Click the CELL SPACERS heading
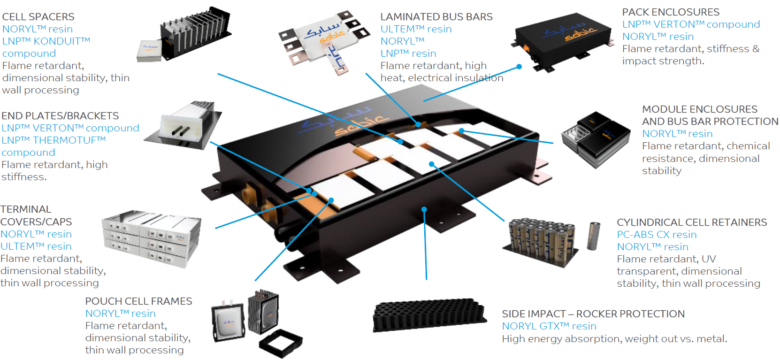[x=38, y=17]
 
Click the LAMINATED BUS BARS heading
[x=436, y=17]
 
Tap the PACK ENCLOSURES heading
[x=670, y=12]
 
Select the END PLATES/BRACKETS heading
[x=60, y=116]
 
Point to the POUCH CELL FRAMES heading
[x=138, y=301]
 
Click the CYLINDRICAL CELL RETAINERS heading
[x=691, y=222]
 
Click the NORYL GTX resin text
[x=549, y=326]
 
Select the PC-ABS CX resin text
[x=656, y=235]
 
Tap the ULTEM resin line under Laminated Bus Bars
[x=416, y=29]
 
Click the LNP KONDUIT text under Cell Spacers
[x=46, y=41]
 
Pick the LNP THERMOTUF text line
[x=54, y=140]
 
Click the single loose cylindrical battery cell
[x=594, y=236]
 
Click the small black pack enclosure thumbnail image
[x=563, y=40]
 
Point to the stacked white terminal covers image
[x=151, y=238]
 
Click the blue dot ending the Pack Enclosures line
[x=519, y=67]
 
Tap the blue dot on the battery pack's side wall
[x=424, y=209]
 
